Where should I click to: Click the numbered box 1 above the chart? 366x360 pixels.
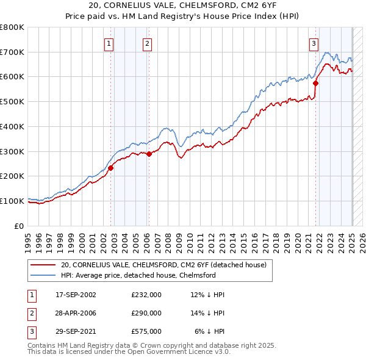coord(109,43)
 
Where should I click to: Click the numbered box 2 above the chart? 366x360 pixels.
coord(148,43)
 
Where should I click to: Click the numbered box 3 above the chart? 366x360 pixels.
coord(314,43)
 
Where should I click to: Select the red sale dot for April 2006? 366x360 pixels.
coord(149,154)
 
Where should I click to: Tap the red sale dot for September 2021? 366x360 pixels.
coord(316,83)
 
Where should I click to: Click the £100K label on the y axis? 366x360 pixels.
coord(12,201)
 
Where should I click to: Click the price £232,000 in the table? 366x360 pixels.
coord(146,295)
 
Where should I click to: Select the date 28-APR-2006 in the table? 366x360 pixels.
coord(76,313)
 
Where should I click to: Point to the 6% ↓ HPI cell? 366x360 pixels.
coord(209,331)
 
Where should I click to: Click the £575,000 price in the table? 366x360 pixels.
coord(146,331)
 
